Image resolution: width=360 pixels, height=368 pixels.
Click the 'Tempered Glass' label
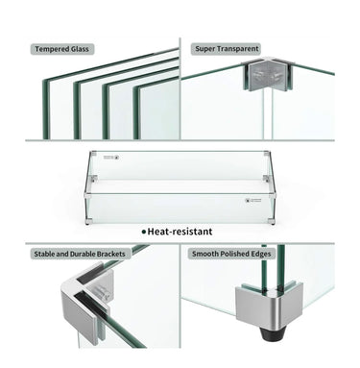pos(64,48)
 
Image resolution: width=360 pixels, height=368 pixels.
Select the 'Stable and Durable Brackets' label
pos(78,254)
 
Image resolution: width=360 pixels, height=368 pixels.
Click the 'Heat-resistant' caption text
pos(180,231)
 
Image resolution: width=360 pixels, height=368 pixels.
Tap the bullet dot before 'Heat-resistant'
pos(144,232)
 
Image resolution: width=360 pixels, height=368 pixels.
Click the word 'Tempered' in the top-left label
pos(50,48)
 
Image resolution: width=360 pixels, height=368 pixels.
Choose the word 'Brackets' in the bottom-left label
pos(110,254)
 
